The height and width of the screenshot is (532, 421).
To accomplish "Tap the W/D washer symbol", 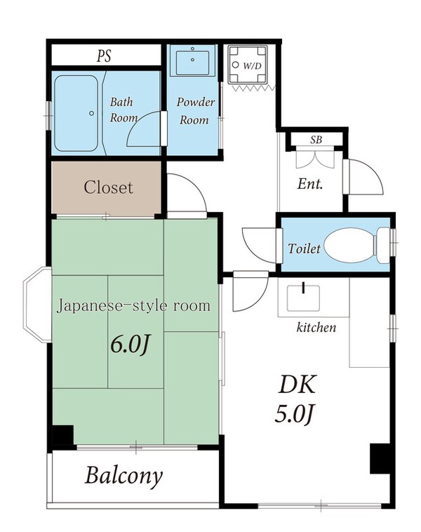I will pos(250,65).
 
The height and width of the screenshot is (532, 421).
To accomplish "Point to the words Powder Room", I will pos(194,111).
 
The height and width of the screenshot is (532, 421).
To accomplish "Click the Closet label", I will pos(108,187).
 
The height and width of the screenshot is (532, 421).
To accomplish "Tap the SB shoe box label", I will pos(316,139).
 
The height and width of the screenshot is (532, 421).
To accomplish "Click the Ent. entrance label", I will pos(309,185).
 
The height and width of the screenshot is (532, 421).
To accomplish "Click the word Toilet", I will pos(303,248).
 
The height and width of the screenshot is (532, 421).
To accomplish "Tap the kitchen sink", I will pos(304,298).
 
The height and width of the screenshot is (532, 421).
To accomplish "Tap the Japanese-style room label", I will pos(133,306).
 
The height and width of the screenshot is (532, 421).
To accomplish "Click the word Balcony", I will pos(124,476).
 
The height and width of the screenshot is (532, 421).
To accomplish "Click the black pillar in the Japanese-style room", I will pos(63,437).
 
